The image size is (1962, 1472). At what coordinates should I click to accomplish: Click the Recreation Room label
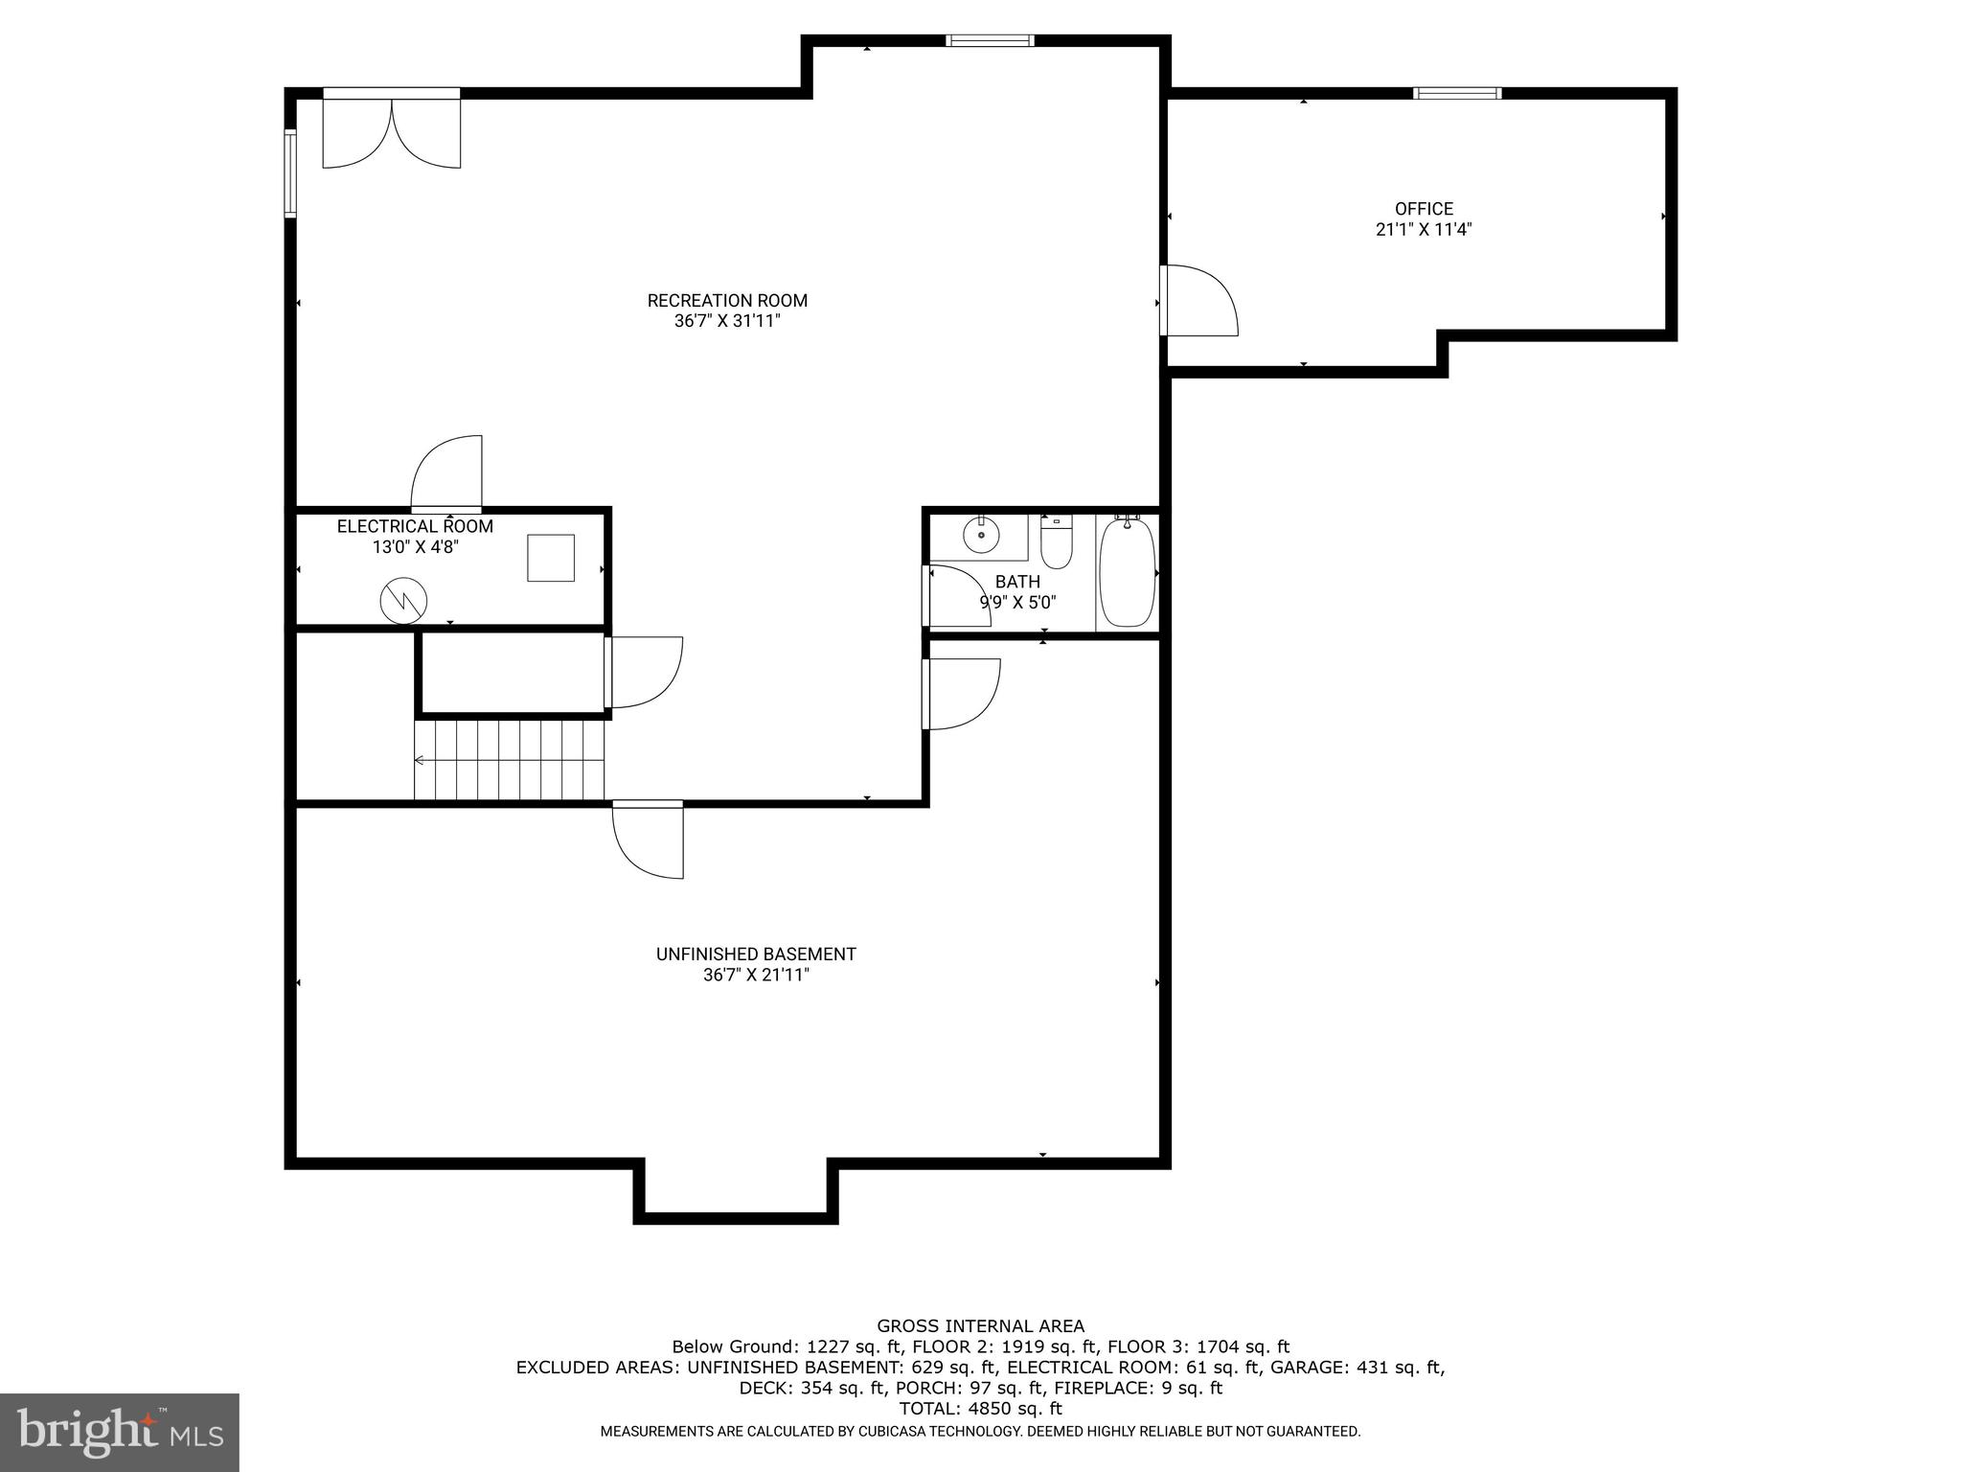[x=727, y=301]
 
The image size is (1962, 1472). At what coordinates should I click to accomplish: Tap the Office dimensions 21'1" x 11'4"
[x=1423, y=230]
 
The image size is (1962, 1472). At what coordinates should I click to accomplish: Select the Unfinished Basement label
[x=756, y=954]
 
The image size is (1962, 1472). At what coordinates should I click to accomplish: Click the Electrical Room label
[x=415, y=527]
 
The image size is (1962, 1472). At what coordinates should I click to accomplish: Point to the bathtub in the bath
[x=1128, y=573]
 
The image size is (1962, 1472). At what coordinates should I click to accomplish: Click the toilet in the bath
[x=1056, y=543]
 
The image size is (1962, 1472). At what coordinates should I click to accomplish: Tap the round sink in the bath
[x=981, y=535]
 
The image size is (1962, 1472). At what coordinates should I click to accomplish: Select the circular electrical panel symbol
[x=403, y=602]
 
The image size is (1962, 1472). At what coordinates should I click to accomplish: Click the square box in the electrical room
[x=551, y=558]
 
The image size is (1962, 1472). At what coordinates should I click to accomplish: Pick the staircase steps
[x=510, y=761]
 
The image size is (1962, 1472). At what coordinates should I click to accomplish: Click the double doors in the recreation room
[x=392, y=130]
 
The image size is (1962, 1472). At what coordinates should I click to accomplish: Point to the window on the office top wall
[x=1457, y=93]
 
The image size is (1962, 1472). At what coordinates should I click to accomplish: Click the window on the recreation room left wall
[x=289, y=173]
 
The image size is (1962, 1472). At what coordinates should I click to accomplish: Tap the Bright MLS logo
[x=120, y=1432]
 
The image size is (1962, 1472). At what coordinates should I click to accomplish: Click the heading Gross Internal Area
[x=980, y=1326]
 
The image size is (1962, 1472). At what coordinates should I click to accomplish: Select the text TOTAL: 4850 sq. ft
[x=980, y=1409]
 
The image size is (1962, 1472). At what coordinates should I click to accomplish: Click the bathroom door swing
[x=958, y=596]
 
